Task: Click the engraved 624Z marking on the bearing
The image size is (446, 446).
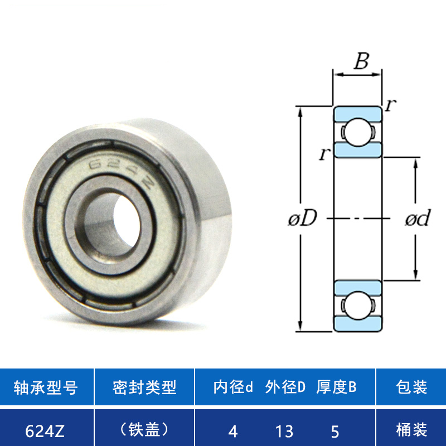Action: pos(122,173)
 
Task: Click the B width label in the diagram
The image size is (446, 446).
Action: pos(361,61)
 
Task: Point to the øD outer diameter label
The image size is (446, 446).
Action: pos(302,219)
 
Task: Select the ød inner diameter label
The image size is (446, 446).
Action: pos(418,218)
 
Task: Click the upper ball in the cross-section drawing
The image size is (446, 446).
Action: pos(358,132)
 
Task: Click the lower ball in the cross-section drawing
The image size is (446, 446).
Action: pos(358,306)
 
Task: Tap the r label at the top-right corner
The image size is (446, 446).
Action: pos(391,105)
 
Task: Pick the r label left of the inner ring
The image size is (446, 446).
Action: pos(324,154)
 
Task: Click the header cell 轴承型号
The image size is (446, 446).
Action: pos(46,387)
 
